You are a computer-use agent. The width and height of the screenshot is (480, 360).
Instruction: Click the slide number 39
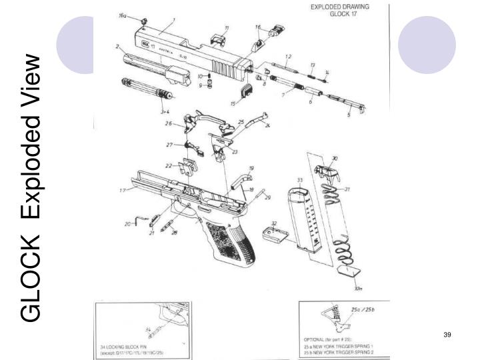click(x=448, y=334)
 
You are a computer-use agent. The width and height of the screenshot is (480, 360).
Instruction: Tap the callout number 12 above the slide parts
click(x=288, y=56)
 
